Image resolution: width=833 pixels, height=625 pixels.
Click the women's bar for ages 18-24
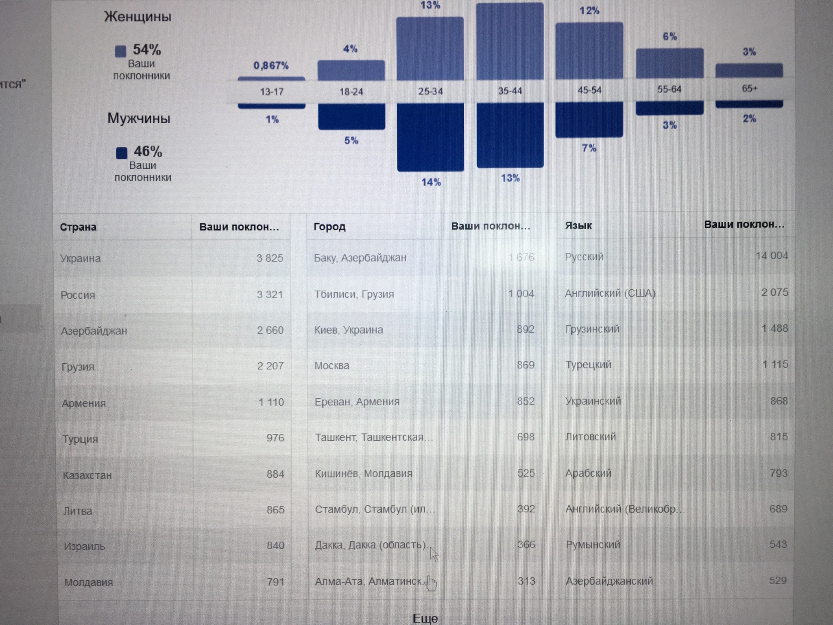click(x=351, y=70)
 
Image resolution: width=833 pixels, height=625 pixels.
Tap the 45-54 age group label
click(x=589, y=90)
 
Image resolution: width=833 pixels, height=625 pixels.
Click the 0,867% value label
click(x=271, y=66)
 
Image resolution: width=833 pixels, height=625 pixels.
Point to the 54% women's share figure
click(x=147, y=50)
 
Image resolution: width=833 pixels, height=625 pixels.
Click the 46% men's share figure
click(x=148, y=152)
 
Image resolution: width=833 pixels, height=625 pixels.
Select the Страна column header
click(x=78, y=227)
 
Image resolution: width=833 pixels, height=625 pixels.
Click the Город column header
click(x=329, y=226)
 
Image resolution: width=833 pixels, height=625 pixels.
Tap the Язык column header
click(x=578, y=225)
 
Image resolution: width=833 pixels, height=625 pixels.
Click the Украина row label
click(x=81, y=258)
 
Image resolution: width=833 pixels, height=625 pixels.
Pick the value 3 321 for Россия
click(x=270, y=294)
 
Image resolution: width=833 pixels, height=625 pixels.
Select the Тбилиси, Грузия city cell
click(x=354, y=294)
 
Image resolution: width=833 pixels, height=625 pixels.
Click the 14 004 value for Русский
click(x=772, y=256)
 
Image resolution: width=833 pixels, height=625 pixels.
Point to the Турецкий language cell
click(x=588, y=365)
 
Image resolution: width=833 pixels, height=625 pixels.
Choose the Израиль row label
click(x=84, y=546)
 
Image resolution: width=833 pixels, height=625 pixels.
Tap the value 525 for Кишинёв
click(x=526, y=473)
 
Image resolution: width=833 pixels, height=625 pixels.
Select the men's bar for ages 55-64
click(x=669, y=109)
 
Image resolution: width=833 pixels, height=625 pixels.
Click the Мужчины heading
click(x=139, y=118)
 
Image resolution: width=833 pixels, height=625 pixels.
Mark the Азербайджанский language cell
click(x=609, y=581)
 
